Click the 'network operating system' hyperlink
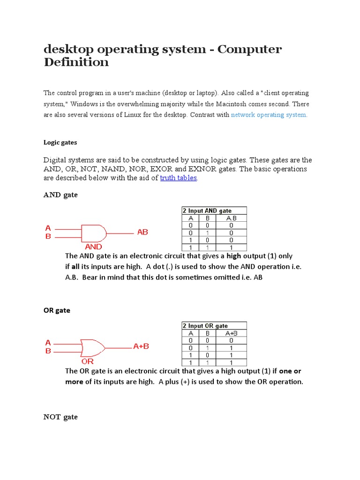(x=269, y=115)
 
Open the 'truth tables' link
(x=178, y=178)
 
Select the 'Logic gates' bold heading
(x=60, y=142)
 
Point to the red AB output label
(x=142, y=232)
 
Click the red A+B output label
(x=141, y=346)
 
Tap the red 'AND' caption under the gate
(x=93, y=246)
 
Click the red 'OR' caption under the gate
(x=88, y=361)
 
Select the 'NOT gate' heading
(x=60, y=417)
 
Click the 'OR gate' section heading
(x=57, y=310)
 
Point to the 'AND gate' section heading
(x=60, y=195)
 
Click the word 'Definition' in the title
(x=76, y=62)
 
